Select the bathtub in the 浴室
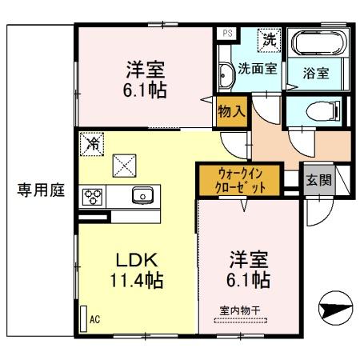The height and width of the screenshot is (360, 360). coord(320,44)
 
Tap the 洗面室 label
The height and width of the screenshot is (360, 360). coord(259,69)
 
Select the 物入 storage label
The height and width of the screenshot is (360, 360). coord(231,111)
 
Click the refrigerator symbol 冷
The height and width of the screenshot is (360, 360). coord(93,144)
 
